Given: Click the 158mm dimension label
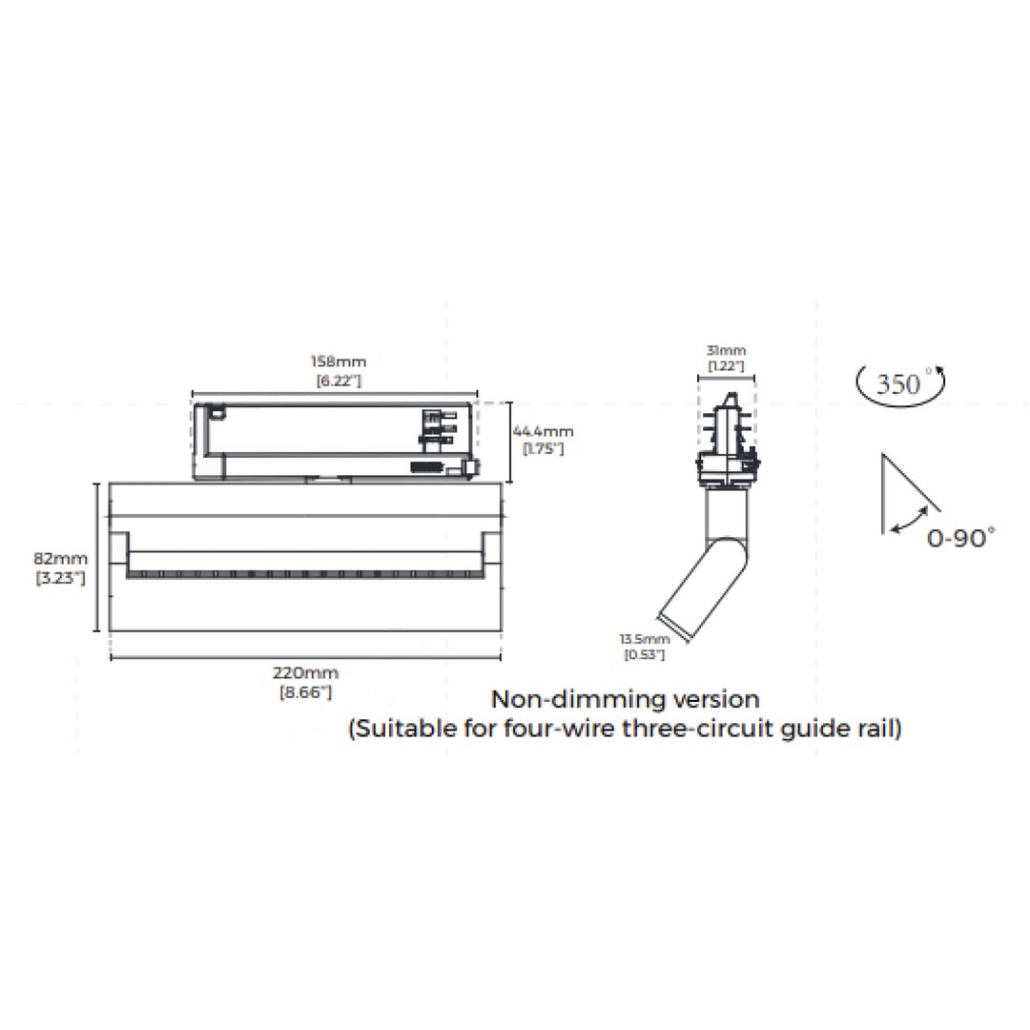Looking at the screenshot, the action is point(339,361).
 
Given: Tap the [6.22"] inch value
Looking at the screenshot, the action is point(339,381).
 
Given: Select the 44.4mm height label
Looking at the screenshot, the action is point(544,432).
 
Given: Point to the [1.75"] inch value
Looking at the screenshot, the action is point(544,449).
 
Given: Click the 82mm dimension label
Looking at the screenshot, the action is point(60,559).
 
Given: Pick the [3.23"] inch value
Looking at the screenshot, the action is point(60,578).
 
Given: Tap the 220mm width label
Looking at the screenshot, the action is point(305,673).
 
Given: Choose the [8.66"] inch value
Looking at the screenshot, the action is point(306,692).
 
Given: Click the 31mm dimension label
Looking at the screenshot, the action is point(726,351).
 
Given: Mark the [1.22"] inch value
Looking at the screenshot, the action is point(726,366).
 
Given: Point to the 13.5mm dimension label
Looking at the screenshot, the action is point(645,639).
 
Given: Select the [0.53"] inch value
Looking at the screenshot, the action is point(645,655).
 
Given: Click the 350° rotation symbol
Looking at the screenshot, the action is point(900,383).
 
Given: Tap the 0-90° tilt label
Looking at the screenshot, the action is point(961,539).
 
